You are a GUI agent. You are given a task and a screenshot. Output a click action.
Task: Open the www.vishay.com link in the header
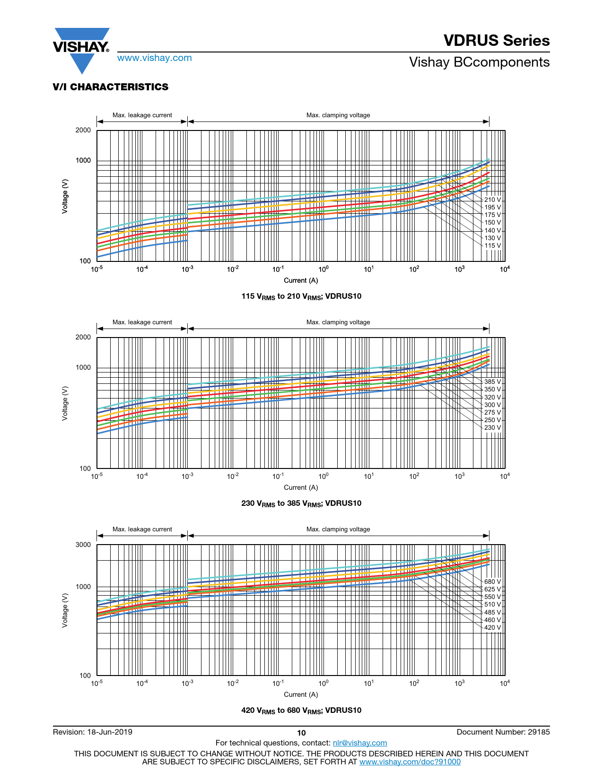click(155, 58)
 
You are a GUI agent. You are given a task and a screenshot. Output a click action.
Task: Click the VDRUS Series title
click(497, 41)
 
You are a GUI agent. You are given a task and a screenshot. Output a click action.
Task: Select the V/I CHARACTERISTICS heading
click(111, 87)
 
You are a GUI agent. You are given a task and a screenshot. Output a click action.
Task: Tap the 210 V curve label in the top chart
click(492, 199)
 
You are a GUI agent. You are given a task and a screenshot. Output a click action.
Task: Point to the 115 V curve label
click(492, 245)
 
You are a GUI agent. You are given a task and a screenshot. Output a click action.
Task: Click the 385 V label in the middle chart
click(492, 381)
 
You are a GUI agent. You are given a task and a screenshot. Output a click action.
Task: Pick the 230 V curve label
click(492, 427)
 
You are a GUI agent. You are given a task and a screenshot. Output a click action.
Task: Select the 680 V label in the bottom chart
click(492, 581)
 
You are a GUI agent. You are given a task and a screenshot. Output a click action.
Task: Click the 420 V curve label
click(492, 627)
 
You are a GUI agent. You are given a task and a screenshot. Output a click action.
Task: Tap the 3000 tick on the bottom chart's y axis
click(83, 545)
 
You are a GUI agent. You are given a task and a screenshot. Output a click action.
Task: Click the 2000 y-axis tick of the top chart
click(83, 130)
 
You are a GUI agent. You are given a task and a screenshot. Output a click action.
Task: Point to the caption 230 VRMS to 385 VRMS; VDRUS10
click(301, 503)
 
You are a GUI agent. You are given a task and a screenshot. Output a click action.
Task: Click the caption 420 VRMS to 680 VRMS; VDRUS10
click(301, 711)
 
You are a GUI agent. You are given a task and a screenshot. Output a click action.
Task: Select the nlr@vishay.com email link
click(360, 743)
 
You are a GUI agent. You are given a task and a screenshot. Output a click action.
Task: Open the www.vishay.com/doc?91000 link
click(410, 762)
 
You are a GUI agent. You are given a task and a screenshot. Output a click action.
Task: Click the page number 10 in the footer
click(301, 733)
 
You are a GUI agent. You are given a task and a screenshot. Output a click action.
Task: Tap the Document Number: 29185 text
click(503, 732)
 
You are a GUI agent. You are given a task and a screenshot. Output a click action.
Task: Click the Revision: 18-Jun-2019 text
click(93, 732)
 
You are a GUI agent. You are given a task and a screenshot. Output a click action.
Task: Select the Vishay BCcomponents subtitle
click(479, 62)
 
